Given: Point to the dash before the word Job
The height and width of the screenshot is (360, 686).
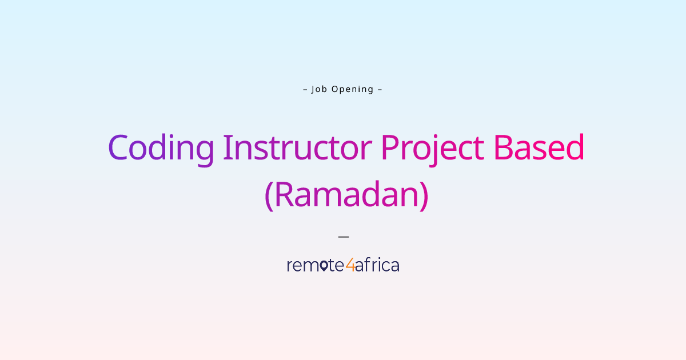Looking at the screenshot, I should coord(305,89).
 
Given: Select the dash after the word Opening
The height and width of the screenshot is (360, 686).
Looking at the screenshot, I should coord(380,89).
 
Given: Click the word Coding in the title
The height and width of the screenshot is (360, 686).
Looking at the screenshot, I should coord(161,148).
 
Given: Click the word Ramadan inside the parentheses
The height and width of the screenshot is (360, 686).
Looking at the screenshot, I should coord(346,195).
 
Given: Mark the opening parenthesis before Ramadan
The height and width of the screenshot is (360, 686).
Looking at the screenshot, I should coord(269,196).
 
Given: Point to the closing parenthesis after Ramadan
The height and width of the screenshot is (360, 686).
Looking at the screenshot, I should coord(424,196).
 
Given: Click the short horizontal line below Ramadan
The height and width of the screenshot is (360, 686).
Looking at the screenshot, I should coord(343,235).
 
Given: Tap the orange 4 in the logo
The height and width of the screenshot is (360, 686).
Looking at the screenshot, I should coord(350,266).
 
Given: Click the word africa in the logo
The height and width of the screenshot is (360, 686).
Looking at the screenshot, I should coord(377,265).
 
